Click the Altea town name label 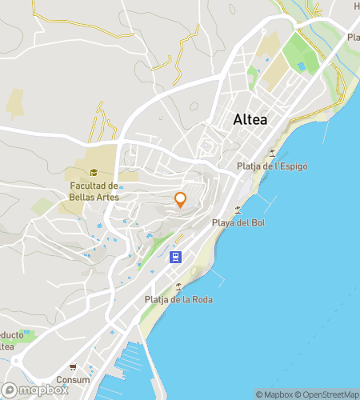[250, 120]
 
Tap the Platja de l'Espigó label [273, 166]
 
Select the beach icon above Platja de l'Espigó [273, 153]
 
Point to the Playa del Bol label [238, 222]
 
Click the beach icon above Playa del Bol [239, 209]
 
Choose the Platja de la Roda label [178, 300]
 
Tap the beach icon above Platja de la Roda [178, 286]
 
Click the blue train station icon [175, 258]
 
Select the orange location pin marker [180, 199]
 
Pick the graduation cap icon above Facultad [94, 172]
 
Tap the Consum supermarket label [73, 380]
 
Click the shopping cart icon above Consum [74, 368]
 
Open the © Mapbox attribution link [274, 394]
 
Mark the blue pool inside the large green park [301, 65]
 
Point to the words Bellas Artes [94, 197]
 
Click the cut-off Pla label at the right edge [353, 37]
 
